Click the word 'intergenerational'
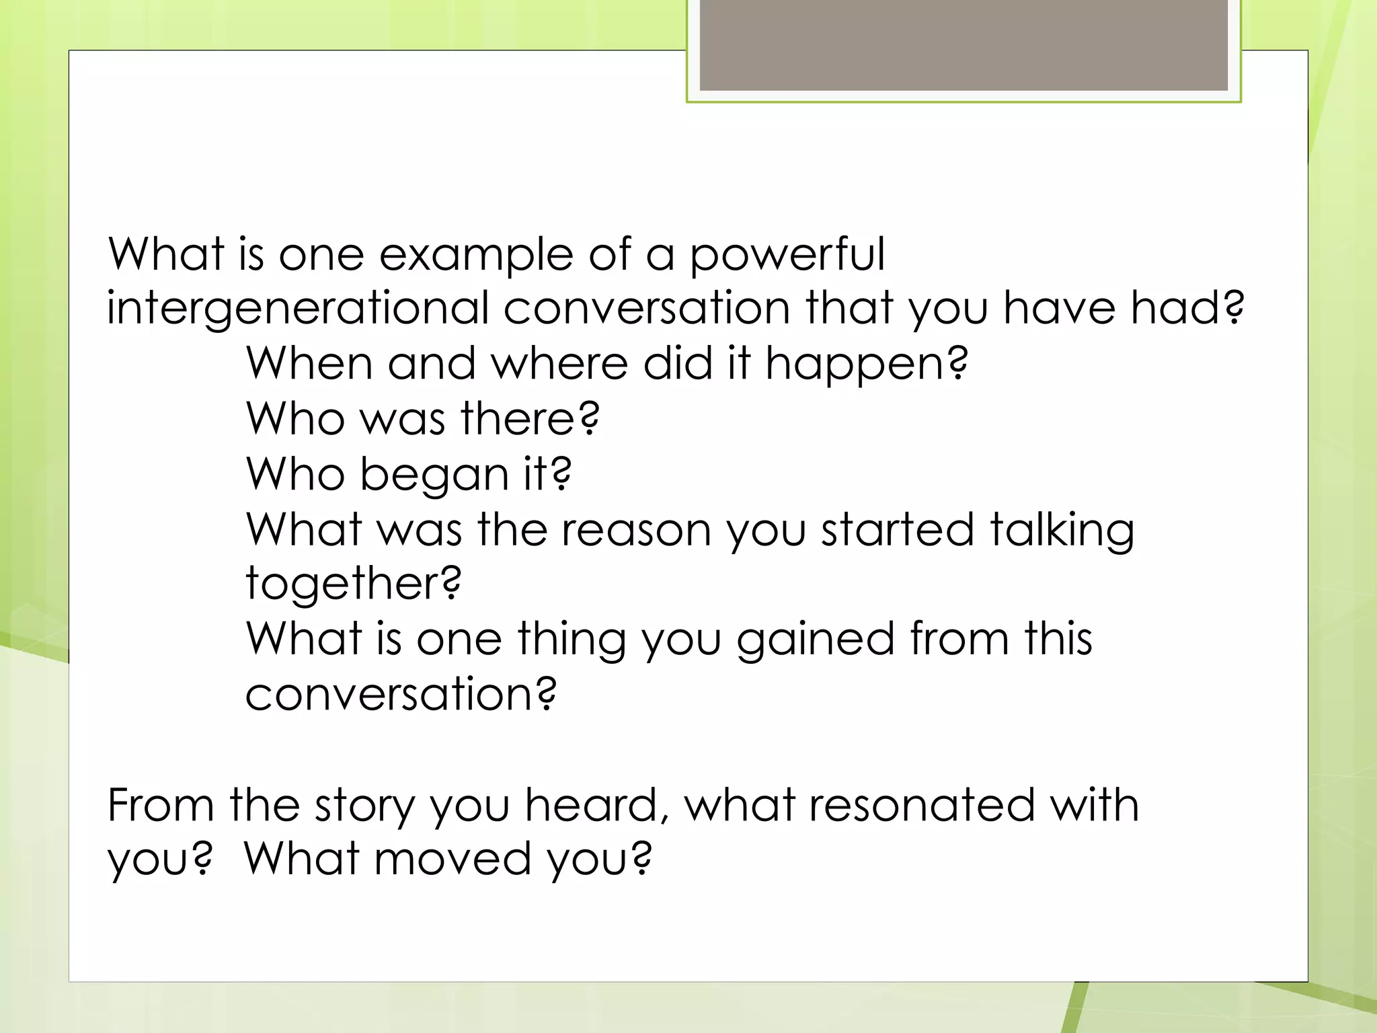click(298, 309)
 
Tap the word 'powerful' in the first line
click(787, 255)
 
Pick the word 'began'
click(434, 475)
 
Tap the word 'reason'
click(636, 529)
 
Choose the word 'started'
click(898, 529)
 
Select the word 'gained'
click(816, 640)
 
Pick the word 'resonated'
click(921, 804)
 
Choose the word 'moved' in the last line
click(452, 859)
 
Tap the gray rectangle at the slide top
click(963, 45)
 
